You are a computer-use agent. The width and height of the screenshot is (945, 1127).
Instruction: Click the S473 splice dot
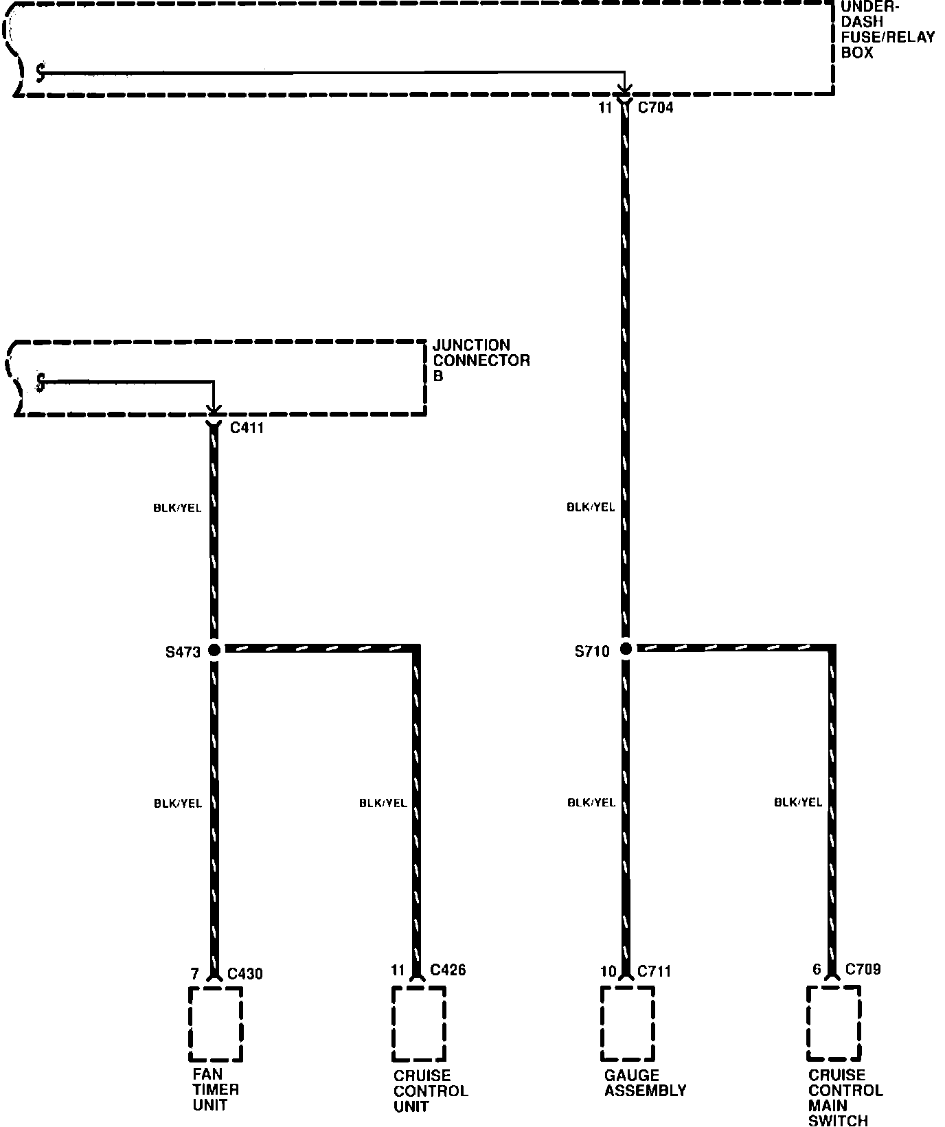click(214, 649)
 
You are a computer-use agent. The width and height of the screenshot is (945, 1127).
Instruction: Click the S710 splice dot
click(626, 649)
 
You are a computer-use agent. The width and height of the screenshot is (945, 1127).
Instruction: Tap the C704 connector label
click(655, 108)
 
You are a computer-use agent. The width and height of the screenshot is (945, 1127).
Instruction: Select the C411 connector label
click(247, 428)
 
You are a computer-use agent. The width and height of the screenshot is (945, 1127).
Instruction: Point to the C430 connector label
click(244, 974)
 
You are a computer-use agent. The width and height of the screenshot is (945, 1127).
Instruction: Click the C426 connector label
click(448, 970)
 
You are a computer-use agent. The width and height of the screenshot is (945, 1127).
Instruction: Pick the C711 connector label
click(654, 971)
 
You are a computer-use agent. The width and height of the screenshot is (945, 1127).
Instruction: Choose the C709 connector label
click(863, 969)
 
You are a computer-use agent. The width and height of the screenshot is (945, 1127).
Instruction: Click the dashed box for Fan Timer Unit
click(215, 1024)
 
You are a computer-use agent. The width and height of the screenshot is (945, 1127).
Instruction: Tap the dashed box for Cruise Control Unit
click(418, 1023)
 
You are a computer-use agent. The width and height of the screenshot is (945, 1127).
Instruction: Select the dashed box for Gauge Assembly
click(626, 1023)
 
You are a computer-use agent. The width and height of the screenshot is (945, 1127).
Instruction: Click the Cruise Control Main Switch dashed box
click(834, 1023)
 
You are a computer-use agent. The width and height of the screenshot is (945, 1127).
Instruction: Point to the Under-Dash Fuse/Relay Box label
click(887, 30)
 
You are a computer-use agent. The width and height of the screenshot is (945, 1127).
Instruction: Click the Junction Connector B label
click(481, 360)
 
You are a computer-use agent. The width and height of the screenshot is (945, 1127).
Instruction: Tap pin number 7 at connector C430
click(194, 974)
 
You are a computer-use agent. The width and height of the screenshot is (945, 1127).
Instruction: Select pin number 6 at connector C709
click(817, 969)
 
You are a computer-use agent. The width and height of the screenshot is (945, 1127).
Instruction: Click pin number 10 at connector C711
click(608, 971)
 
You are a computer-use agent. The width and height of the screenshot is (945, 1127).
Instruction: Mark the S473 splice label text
click(183, 652)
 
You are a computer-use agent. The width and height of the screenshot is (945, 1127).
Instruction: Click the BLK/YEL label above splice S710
click(591, 507)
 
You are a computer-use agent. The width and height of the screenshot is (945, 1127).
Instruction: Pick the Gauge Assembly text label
click(645, 1083)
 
